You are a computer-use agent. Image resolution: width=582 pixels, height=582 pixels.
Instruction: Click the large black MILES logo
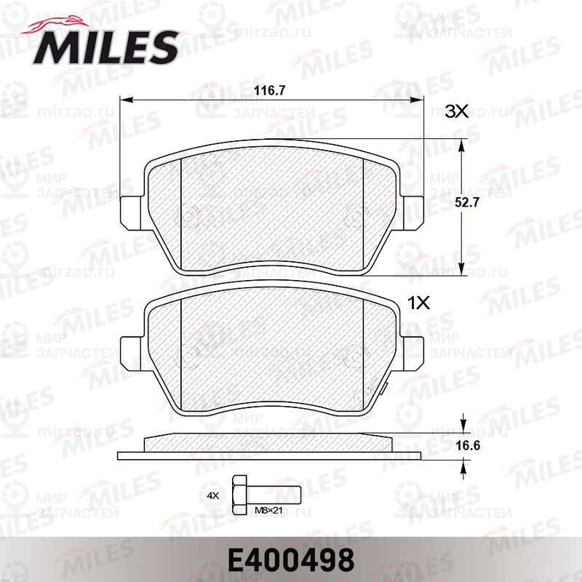coord(105,47)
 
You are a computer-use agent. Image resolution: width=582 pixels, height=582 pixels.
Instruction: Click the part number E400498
coord(291,560)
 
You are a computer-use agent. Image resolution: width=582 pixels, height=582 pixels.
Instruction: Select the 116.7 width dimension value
coord(269,90)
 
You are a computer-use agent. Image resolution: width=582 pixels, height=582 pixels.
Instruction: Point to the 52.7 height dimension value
coord(467,202)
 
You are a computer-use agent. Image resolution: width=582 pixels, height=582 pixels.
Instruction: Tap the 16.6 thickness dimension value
coord(468,445)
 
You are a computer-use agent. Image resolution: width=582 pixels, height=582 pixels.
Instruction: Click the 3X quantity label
coord(457,111)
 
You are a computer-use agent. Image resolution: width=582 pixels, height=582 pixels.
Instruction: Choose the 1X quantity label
coord(419,303)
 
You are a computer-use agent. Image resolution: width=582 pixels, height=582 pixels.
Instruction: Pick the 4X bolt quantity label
coord(213,495)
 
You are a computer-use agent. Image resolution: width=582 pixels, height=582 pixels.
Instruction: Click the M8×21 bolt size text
coord(268,511)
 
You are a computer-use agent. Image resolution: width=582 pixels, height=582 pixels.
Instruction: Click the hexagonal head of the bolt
coord(240,495)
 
